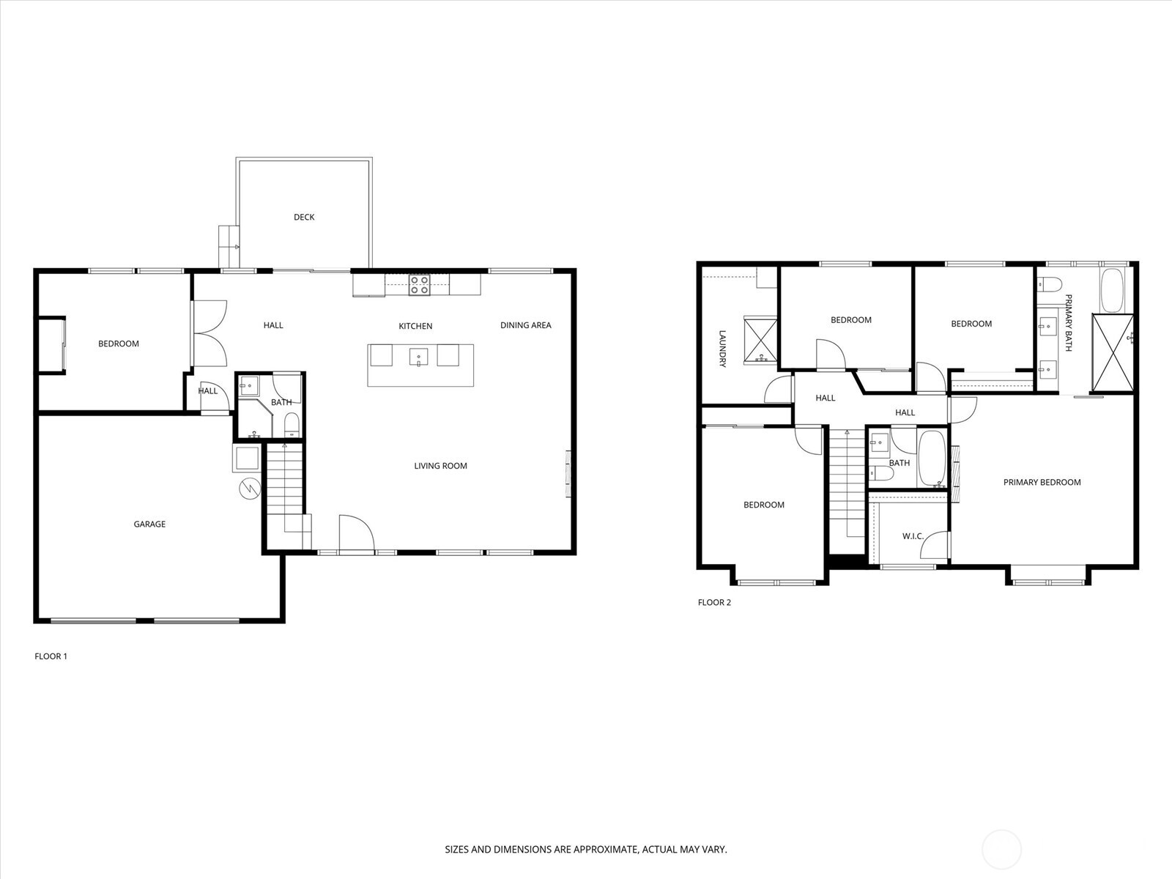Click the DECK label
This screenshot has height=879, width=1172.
point(304,217)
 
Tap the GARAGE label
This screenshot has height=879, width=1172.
point(149,524)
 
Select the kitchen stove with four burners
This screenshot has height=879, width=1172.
point(419,284)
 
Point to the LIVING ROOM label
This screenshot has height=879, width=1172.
point(440,466)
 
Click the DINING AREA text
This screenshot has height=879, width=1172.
point(525,325)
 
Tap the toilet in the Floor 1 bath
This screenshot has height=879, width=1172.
point(291,425)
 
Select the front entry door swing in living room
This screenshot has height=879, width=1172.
point(356,533)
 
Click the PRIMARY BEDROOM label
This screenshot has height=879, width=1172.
point(1042,482)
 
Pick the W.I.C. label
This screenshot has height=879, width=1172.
point(913,536)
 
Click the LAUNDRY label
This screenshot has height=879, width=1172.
point(722,348)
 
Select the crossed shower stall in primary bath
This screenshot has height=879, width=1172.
point(1112,352)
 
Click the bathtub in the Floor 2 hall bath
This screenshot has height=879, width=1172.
point(932,459)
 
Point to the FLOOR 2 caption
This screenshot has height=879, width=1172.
point(714,603)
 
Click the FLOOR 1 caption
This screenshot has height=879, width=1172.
point(51,656)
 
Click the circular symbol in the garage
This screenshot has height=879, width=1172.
point(249,489)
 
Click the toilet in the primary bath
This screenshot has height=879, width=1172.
point(1048,285)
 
